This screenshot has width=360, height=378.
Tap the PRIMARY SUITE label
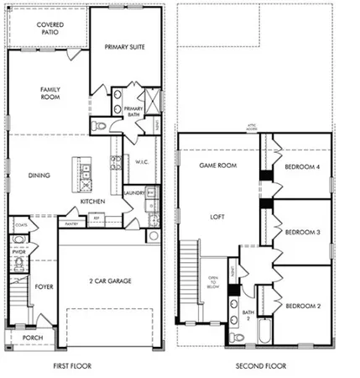pos(126,48)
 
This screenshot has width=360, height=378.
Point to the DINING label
pos(39,176)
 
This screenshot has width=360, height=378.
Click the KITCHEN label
pos(91,202)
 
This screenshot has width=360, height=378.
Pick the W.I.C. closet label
pos(140,163)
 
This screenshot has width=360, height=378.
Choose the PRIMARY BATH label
pos(134,112)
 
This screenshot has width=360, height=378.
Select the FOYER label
pos(44,287)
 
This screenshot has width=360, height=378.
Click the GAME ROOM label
pos(216,166)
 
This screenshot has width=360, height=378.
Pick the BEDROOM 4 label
pos(302,166)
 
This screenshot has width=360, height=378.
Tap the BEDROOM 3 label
pos(302,232)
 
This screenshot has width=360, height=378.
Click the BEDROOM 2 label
pos(302,307)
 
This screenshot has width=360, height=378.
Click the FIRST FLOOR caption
pos(71,366)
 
